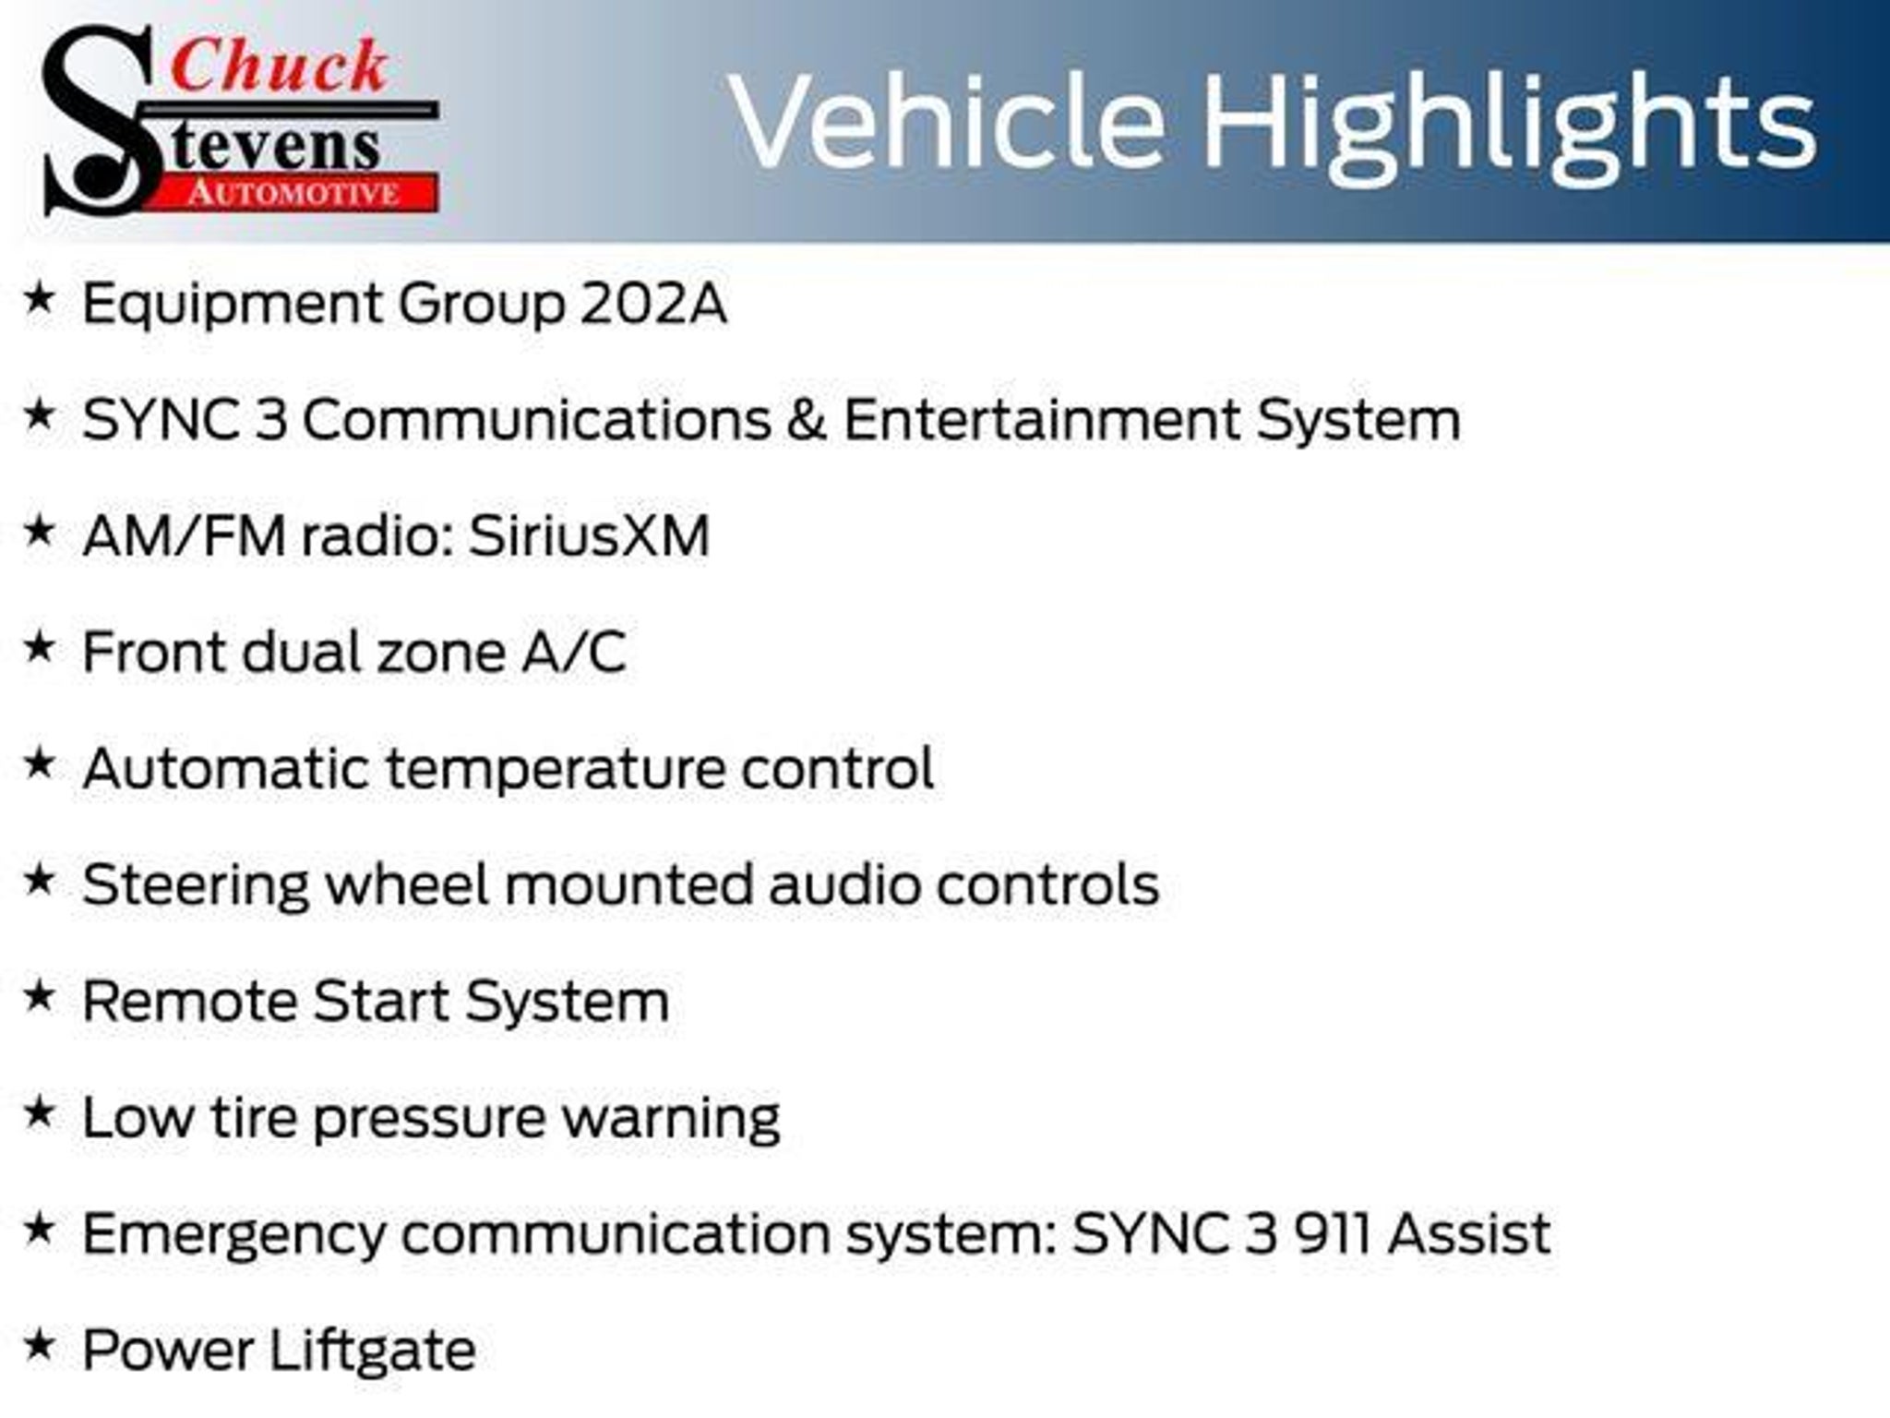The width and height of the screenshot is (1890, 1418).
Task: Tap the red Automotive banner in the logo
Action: [x=293, y=193]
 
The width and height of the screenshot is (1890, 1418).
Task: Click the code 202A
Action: [x=653, y=304]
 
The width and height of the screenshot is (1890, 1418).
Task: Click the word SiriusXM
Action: [x=590, y=536]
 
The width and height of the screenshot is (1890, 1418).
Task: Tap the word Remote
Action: [x=189, y=1002]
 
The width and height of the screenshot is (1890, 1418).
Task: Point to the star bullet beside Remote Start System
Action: [x=39, y=996]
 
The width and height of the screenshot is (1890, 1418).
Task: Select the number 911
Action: [x=1331, y=1234]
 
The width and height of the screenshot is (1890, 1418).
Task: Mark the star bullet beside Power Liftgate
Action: [x=39, y=1345]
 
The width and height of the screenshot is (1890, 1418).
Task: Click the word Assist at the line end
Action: [x=1469, y=1234]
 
